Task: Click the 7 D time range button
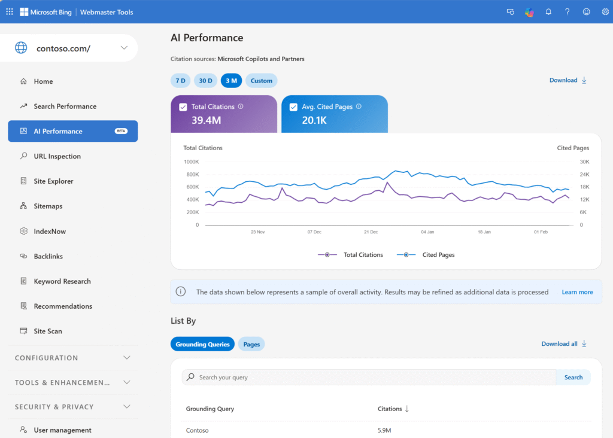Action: pyautogui.click(x=180, y=81)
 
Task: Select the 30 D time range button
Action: pyautogui.click(x=205, y=81)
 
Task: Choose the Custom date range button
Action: pyautogui.click(x=261, y=81)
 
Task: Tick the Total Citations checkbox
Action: pyautogui.click(x=183, y=107)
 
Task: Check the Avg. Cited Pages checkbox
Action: pyautogui.click(x=293, y=107)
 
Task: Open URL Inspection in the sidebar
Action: pyautogui.click(x=57, y=156)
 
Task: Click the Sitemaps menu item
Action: pyautogui.click(x=48, y=206)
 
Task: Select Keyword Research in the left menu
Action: pyautogui.click(x=62, y=281)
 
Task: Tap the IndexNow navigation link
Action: pyautogui.click(x=50, y=232)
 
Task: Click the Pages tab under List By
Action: pyautogui.click(x=251, y=345)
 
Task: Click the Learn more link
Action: pyautogui.click(x=577, y=292)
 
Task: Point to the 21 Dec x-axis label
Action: pyautogui.click(x=371, y=232)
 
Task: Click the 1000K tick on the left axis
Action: pyautogui.click(x=191, y=162)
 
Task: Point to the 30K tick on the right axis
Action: pyautogui.click(x=584, y=162)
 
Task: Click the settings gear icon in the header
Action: pyautogui.click(x=605, y=12)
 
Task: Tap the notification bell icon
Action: pyautogui.click(x=548, y=12)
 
